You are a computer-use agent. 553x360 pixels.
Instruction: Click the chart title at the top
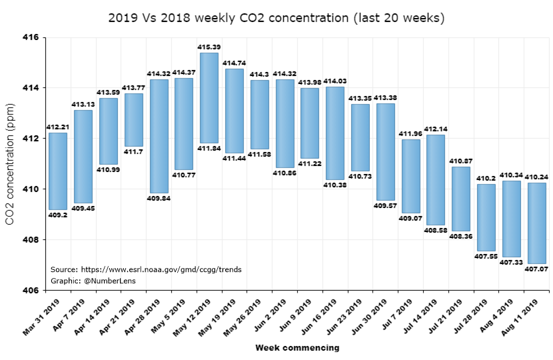coord(276,18)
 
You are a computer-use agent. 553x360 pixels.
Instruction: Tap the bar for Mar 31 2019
coord(58,171)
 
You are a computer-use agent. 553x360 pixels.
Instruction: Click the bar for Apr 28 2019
coord(159,136)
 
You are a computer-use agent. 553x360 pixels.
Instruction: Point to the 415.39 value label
coord(209,47)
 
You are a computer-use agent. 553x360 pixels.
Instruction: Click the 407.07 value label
coord(537,269)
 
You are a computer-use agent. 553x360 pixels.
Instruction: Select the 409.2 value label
coord(58,215)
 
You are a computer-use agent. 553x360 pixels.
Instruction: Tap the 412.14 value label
coord(436,129)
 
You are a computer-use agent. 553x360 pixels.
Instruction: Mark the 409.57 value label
coord(385,206)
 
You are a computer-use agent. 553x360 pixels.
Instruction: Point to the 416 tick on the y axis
coord(31,37)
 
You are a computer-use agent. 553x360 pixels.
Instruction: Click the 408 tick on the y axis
coord(31,240)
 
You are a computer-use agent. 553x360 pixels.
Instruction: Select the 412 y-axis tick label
coord(31,139)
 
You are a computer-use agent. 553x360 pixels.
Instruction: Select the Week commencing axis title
coord(297,347)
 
